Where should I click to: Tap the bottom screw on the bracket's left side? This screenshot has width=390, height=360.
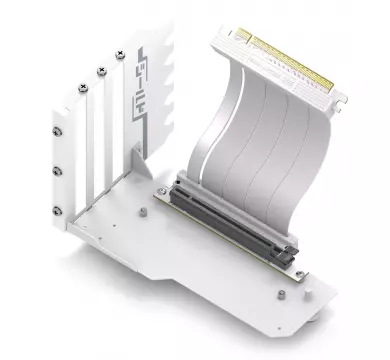[57, 211]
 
